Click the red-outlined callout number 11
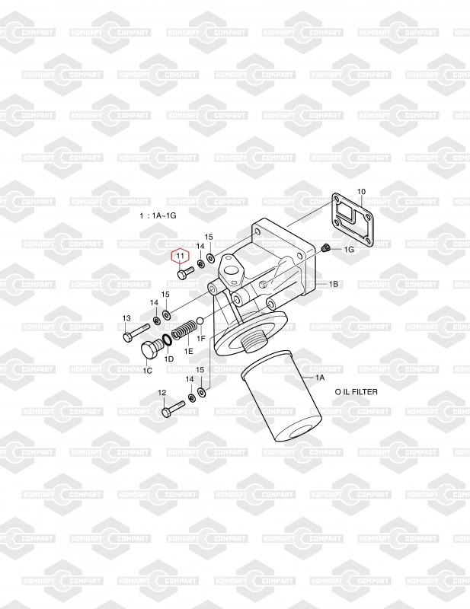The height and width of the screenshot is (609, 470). point(180,257)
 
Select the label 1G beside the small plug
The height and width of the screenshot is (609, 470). point(349,249)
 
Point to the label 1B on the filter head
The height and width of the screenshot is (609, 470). point(333,284)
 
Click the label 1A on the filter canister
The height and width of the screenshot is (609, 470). point(318,377)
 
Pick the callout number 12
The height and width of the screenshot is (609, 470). point(161,392)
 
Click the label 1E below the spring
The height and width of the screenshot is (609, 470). point(188,351)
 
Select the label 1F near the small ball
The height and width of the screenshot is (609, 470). point(202,337)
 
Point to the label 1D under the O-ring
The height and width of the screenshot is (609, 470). point(169,358)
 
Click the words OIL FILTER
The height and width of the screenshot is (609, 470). point(356,391)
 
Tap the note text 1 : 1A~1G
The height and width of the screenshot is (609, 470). point(158,216)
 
